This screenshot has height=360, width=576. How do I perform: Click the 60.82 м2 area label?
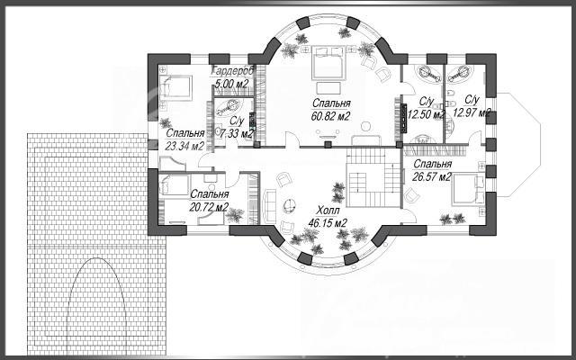coord(330,116)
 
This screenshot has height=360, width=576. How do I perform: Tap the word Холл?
coord(328,211)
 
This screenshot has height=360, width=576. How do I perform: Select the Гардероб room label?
coord(233,70)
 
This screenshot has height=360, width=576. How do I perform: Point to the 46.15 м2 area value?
coord(328,223)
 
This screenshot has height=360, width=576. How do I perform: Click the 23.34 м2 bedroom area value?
coord(184,146)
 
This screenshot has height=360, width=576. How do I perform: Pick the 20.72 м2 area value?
coord(209,207)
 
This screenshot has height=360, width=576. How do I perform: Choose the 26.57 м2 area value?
coord(432,176)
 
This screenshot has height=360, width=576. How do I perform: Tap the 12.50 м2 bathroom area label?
coord(426,115)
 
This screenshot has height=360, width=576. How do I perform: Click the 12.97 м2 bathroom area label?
coord(472,112)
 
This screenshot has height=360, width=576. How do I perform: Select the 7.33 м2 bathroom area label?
coord(236,134)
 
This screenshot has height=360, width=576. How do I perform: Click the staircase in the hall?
coord(373,177)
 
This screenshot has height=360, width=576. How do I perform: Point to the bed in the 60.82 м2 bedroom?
coord(328,62)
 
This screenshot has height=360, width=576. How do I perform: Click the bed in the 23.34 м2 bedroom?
coord(176,88)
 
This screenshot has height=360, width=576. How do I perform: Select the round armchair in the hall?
coord(290,205)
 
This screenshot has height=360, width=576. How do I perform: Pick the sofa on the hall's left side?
coord(270,206)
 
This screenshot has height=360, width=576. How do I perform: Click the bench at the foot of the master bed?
coord(328,88)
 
